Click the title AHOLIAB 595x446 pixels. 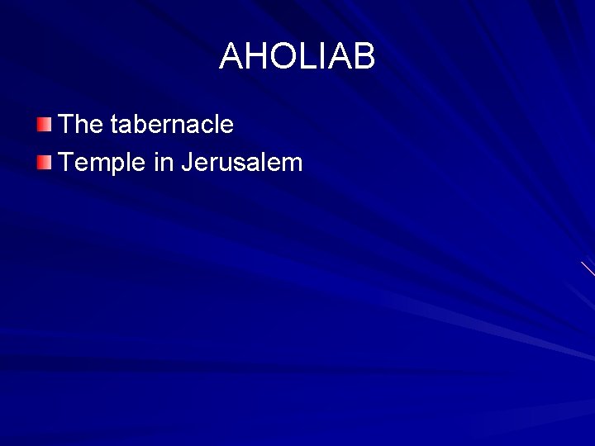click(x=297, y=57)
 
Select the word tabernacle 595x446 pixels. click(x=172, y=125)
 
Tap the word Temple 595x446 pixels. click(x=104, y=162)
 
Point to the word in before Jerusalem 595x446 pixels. click(x=163, y=162)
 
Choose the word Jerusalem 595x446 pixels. click(x=241, y=162)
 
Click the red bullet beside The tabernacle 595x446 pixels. click(x=44, y=126)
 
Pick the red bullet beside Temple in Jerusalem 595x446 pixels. click(x=44, y=162)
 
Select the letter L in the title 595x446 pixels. click(x=307, y=57)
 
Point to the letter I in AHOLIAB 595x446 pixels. click(x=321, y=57)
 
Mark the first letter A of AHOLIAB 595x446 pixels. click(x=231, y=57)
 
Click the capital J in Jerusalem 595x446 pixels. click(x=187, y=162)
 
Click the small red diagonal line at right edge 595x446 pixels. click(x=588, y=268)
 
